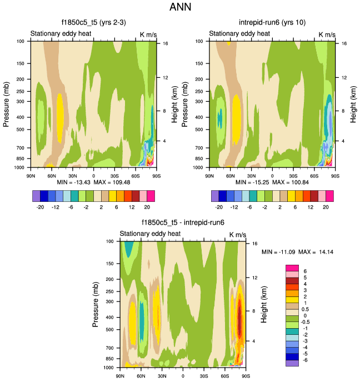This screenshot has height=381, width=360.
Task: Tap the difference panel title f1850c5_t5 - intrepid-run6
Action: click(x=182, y=222)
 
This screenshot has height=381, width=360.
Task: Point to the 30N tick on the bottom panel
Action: click(x=162, y=376)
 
